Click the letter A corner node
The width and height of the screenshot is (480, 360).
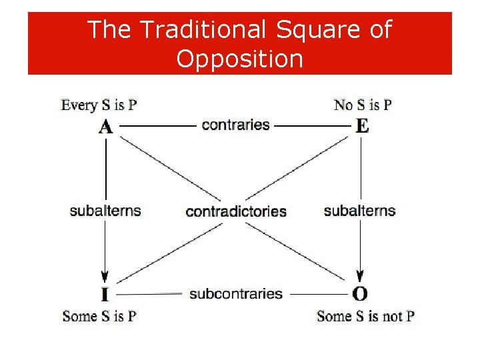(x=105, y=126)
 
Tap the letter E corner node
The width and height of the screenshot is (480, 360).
(x=361, y=126)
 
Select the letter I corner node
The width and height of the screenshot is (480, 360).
(x=105, y=294)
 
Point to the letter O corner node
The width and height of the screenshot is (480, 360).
(x=360, y=294)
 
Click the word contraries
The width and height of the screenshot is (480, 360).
(x=235, y=125)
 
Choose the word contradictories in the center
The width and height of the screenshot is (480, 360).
(x=236, y=211)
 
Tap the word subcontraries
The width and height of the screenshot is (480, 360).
(x=236, y=293)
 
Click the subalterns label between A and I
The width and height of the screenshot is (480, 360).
(x=105, y=211)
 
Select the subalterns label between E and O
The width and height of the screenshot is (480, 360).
(x=359, y=211)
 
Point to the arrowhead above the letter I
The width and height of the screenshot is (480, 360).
(x=105, y=276)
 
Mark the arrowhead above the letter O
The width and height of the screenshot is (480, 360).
(x=361, y=276)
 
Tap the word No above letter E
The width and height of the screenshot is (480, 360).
(x=343, y=105)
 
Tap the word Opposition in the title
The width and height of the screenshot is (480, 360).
(x=239, y=60)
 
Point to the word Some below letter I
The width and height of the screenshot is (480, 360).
(x=78, y=316)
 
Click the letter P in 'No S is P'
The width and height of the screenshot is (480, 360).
(x=387, y=105)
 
